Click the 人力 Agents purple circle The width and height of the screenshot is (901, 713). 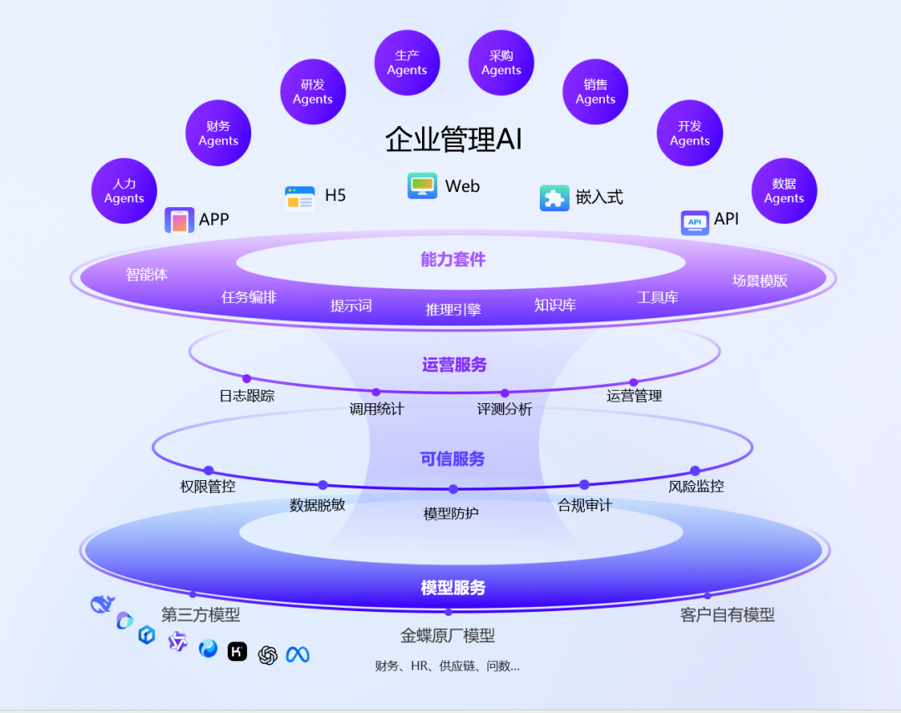[124, 191]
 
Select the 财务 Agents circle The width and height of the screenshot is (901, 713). [219, 134]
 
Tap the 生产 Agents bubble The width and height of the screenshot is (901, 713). [407, 63]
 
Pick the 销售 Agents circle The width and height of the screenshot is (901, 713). [596, 92]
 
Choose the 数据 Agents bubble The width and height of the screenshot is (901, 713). [784, 191]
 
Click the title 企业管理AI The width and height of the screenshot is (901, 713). [453, 139]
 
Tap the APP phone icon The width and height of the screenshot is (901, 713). [179, 220]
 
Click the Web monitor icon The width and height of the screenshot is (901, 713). [422, 185]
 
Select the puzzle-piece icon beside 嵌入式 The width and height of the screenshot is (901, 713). [555, 198]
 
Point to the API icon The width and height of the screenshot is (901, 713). [695, 222]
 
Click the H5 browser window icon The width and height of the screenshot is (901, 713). [299, 198]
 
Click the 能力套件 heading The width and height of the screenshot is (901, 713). [453, 260]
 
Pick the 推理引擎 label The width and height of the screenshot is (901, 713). [453, 310]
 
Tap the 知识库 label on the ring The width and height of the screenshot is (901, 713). [555, 305]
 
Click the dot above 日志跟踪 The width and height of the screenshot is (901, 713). [246, 378]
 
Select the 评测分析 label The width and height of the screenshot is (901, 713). [504, 409]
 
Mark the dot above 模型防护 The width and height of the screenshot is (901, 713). [453, 489]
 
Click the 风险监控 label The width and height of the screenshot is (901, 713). [696, 486]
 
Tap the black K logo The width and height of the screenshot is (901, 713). [238, 651]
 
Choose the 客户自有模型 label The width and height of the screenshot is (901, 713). [727, 615]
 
